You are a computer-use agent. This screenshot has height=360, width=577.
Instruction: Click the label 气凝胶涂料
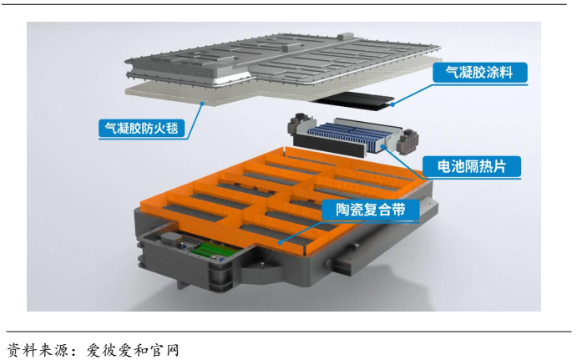[x=479, y=73]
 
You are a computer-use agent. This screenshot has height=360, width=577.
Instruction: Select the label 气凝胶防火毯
[x=142, y=128]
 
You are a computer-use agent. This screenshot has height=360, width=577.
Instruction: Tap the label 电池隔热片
[x=472, y=166]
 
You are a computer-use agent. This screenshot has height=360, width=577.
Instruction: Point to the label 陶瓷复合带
[x=370, y=210]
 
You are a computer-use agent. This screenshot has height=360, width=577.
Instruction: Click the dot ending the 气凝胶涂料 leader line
[x=392, y=104]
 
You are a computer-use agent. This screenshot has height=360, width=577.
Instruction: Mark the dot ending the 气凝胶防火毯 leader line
[x=202, y=104]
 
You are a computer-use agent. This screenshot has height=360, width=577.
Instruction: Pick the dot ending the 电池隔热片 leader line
[x=383, y=147]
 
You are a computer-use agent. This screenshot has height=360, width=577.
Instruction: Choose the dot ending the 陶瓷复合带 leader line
[x=281, y=242]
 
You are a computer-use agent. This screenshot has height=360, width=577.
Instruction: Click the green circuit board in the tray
[x=213, y=251]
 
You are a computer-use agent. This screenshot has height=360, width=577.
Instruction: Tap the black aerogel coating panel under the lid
[x=354, y=100]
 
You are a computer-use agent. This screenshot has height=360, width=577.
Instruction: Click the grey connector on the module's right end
[x=408, y=140]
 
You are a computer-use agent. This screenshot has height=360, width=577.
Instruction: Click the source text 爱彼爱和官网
[x=133, y=350]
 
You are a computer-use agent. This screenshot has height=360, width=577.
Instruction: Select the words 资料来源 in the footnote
[x=38, y=350]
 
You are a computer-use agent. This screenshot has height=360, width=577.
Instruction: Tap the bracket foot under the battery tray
[x=181, y=283]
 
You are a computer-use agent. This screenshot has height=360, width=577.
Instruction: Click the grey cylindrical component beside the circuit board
[x=169, y=240]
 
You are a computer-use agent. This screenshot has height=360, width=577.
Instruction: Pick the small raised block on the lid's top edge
[x=344, y=37]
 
